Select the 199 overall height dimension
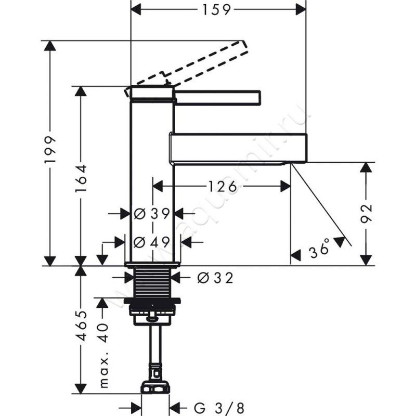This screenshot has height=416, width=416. coord(50,151)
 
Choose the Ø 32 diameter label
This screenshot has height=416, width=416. coord(215,278)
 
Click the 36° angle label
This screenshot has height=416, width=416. coord(319,250)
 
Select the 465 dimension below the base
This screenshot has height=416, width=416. coord(81,327)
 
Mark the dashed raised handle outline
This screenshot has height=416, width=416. coord(203,62)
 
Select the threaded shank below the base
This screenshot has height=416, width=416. coord(152,283)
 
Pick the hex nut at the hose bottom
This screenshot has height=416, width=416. coord(155,387)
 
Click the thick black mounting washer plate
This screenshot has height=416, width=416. coord(152,301)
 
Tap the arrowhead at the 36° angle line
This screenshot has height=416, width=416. coord(340,241)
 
